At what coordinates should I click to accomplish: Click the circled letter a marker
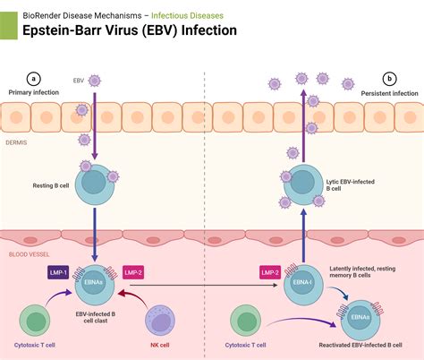(x=34, y=79)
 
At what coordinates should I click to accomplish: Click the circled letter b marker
(x=389, y=79)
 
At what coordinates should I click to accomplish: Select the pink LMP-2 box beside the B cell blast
(x=132, y=271)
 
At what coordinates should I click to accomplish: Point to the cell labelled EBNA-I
(x=301, y=286)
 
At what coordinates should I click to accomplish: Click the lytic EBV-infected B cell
(x=303, y=182)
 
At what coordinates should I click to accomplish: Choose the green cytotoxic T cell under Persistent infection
(x=250, y=320)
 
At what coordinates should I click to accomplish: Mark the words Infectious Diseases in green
(x=188, y=15)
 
